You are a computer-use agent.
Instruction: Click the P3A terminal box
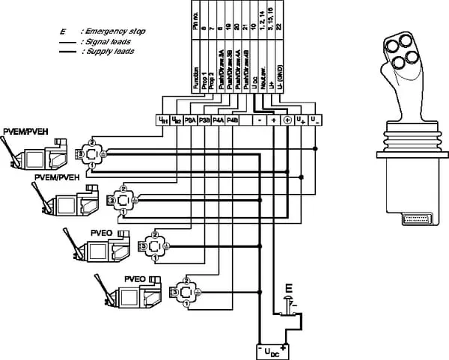[191, 119]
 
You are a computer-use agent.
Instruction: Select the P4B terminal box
[232, 119]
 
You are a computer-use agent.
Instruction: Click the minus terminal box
[258, 119]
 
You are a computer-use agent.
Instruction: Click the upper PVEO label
[101, 233]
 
